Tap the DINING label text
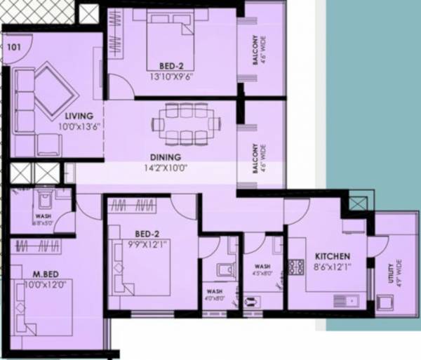(x=165, y=156)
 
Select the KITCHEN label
(x=332, y=256)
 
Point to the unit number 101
(x=13, y=48)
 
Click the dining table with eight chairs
(x=181, y=124)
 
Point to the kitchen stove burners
(x=294, y=267)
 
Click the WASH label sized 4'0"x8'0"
(x=214, y=293)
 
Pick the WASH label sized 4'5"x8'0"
(x=262, y=269)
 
